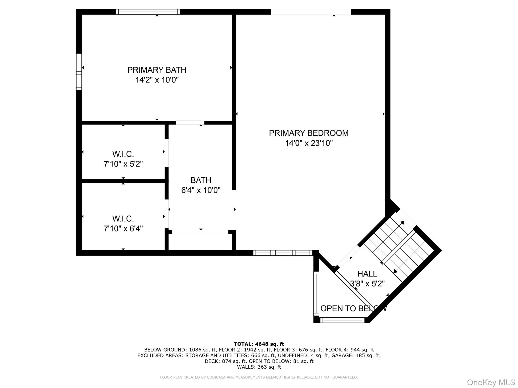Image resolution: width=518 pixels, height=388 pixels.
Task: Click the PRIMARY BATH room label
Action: [157, 70]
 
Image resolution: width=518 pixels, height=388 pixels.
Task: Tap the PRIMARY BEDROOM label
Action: [309, 133]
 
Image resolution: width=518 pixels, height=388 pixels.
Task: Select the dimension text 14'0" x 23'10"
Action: [309, 143]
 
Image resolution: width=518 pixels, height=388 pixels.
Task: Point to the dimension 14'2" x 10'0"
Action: [157, 80]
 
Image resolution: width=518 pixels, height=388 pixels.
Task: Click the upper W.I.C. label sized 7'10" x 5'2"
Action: [123, 154]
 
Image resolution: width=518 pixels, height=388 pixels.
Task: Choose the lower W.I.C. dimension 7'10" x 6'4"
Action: [123, 228]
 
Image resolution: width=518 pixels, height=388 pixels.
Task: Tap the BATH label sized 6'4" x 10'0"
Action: [201, 180]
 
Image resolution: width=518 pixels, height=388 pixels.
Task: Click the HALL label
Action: [367, 274]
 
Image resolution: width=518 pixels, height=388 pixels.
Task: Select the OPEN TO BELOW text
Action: [354, 309]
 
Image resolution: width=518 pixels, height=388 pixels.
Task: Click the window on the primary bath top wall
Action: [148, 12]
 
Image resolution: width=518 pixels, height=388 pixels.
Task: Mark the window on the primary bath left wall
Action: [79, 72]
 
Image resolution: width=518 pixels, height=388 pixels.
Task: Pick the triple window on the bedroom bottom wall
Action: [283, 253]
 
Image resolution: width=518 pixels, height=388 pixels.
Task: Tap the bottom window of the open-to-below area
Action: [342, 320]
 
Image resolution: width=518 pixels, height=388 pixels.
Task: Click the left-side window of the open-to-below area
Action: [316, 293]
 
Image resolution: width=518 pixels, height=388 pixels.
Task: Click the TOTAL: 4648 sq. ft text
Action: [259, 344]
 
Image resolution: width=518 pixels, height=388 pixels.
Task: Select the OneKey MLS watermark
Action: [491, 382]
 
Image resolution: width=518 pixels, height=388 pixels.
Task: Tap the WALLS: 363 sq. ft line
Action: [259, 367]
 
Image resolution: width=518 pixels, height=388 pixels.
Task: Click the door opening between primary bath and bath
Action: [190, 123]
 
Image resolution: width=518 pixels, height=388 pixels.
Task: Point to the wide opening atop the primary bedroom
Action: [311, 12]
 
